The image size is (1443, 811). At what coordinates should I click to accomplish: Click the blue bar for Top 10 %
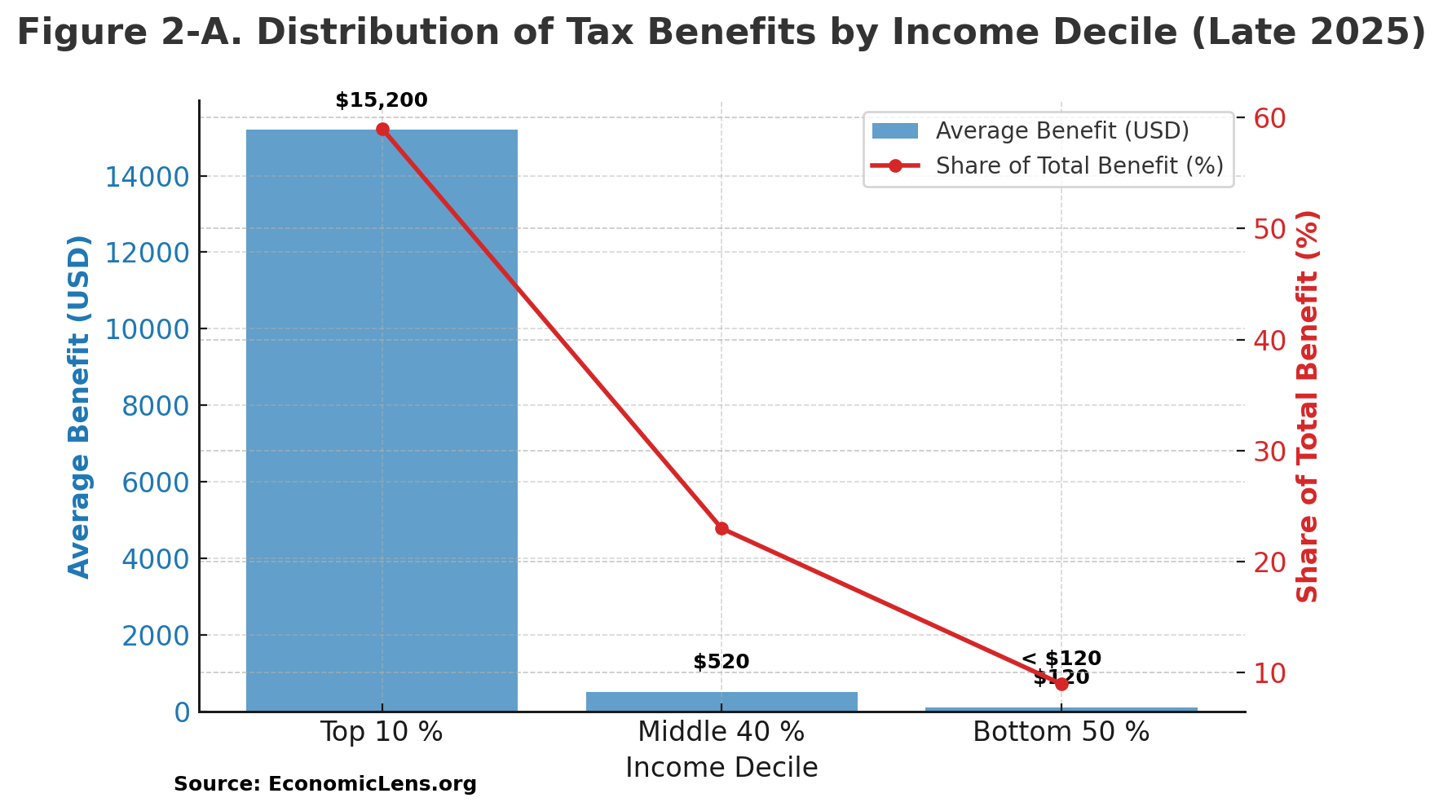pos(382,420)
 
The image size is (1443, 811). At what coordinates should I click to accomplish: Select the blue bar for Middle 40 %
pos(721,702)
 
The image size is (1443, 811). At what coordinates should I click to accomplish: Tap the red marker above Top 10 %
pos(382,130)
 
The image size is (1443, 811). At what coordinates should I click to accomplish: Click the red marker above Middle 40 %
pos(721,528)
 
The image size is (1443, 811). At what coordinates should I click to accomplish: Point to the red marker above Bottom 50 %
pos(1061,684)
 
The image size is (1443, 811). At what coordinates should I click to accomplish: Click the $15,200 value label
pos(382,101)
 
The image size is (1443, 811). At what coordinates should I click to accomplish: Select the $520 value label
pos(721,662)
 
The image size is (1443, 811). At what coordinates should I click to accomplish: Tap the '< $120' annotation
pos(1061,659)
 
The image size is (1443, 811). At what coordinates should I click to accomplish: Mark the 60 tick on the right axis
pos(1269,119)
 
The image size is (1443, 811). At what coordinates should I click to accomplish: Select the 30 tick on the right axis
pos(1269,452)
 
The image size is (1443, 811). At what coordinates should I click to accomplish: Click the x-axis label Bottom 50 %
pos(1061,732)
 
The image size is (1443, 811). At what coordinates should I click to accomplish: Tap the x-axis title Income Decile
pos(721,768)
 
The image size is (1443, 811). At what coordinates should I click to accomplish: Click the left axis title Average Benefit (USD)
pos(79,406)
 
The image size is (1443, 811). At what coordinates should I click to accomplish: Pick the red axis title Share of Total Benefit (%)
pos(1307,406)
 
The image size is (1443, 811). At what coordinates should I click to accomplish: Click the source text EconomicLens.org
pos(372,784)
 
